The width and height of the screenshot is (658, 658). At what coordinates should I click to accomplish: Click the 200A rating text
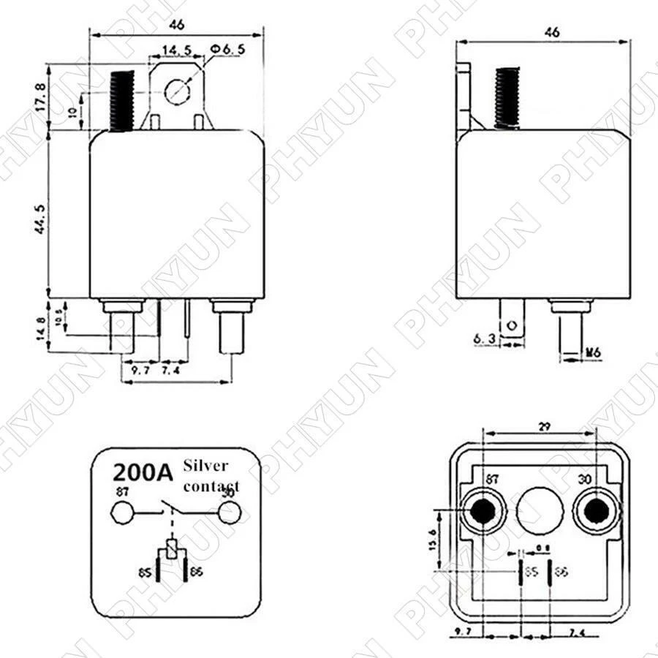click(x=142, y=469)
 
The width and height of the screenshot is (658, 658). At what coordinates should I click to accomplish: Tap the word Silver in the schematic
click(x=206, y=465)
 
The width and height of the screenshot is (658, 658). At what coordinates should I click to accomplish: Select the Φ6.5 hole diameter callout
click(x=226, y=48)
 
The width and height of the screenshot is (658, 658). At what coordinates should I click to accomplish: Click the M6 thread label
click(x=594, y=352)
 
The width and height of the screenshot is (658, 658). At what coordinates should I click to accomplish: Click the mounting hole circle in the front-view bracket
click(x=177, y=91)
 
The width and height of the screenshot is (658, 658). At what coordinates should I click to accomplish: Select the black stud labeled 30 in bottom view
click(x=596, y=511)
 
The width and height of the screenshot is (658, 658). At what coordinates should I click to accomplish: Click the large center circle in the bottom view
click(x=540, y=510)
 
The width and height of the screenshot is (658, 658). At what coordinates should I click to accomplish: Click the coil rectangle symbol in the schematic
click(x=172, y=548)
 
